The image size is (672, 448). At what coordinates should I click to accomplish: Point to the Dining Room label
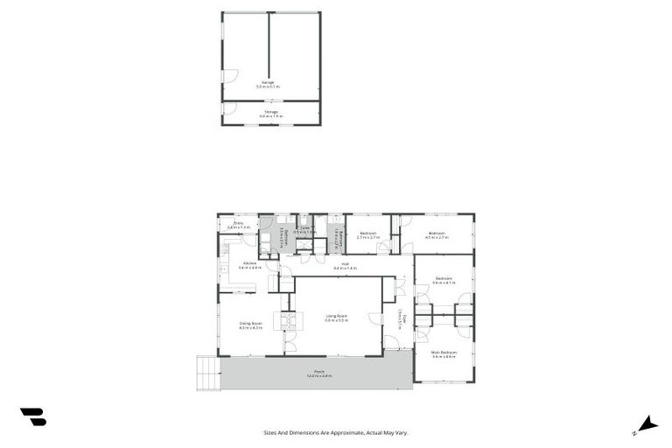(251, 325)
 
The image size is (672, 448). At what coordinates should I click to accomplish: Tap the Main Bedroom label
(444, 354)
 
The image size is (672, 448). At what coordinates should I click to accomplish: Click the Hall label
(346, 265)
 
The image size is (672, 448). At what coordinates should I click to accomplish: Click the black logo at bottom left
(33, 417)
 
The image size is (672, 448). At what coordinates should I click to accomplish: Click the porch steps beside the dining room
(207, 372)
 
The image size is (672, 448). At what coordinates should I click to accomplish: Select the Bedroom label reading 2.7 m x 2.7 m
(368, 234)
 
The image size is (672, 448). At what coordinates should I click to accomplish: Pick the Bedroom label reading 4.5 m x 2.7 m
(437, 234)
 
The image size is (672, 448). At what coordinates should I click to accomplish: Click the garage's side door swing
(229, 76)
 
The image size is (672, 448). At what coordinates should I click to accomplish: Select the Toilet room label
(304, 230)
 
